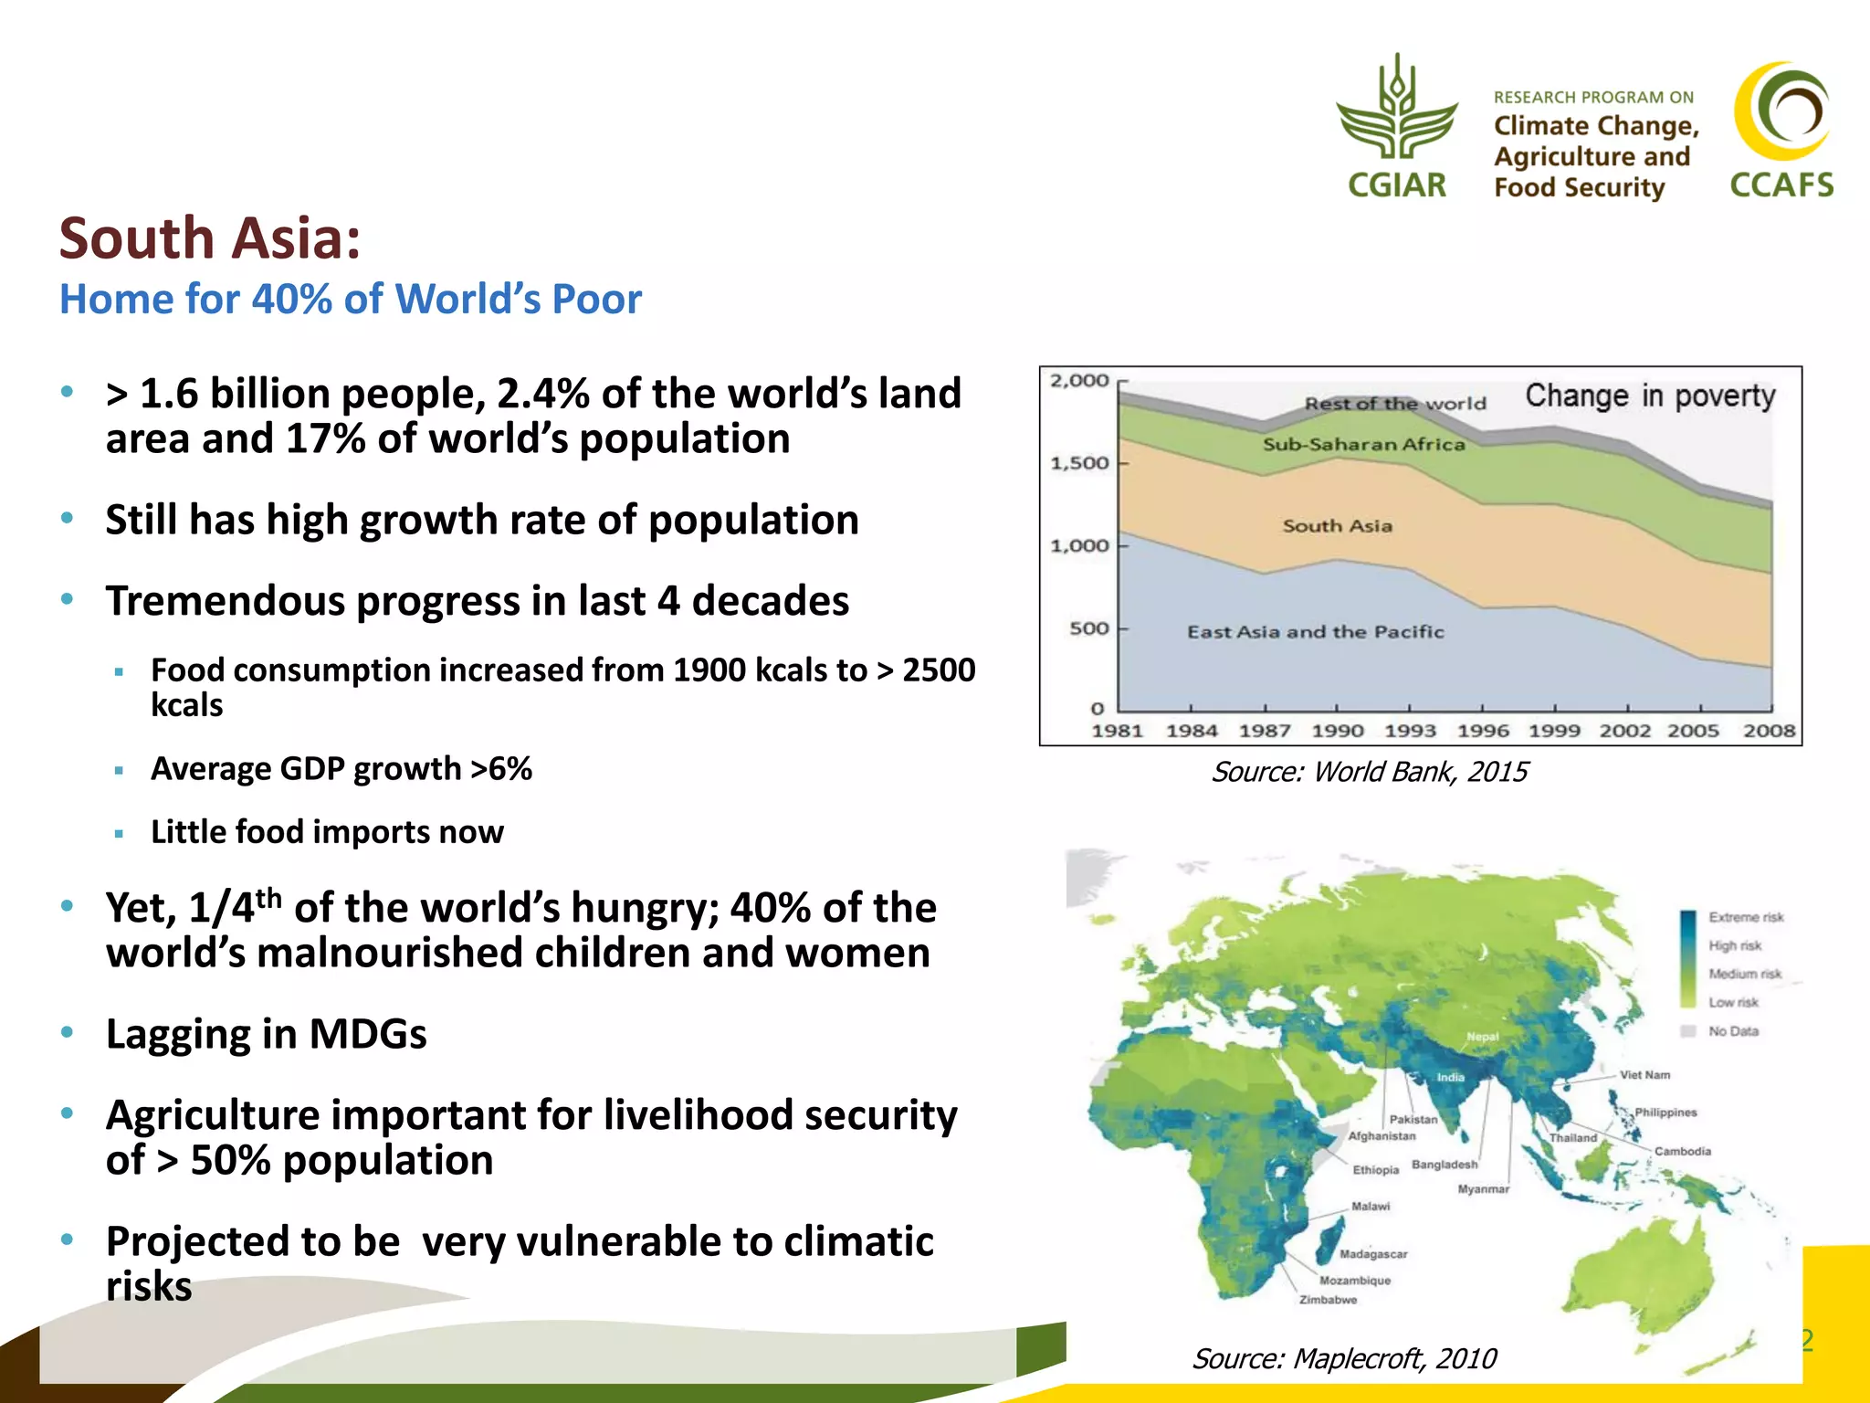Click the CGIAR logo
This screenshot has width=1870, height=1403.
click(1397, 128)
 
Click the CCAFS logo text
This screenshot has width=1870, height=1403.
click(1781, 185)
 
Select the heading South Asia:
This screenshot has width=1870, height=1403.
click(210, 238)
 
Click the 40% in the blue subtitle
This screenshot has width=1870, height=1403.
click(291, 300)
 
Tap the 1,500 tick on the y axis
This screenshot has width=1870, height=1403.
click(1080, 463)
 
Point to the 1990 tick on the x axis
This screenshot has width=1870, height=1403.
click(1337, 731)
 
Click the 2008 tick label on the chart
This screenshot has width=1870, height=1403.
click(1769, 731)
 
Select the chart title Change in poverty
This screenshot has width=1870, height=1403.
click(1650, 396)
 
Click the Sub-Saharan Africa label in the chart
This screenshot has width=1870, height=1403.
click(1363, 445)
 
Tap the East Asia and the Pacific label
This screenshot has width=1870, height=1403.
click(1315, 632)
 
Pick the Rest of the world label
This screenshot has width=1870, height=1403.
click(1394, 404)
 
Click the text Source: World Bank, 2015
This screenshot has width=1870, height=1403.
click(1369, 773)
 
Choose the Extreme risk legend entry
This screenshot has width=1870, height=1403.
click(1745, 917)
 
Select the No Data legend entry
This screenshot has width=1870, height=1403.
click(1732, 1031)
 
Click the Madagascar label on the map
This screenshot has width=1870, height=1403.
click(1372, 1254)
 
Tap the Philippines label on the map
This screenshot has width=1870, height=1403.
click(1665, 1113)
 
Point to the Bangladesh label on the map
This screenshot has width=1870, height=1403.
click(1444, 1165)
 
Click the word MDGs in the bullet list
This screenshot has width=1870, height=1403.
click(367, 1035)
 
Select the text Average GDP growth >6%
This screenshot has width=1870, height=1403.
click(341, 769)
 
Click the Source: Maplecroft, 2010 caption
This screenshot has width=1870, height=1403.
click(1344, 1359)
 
